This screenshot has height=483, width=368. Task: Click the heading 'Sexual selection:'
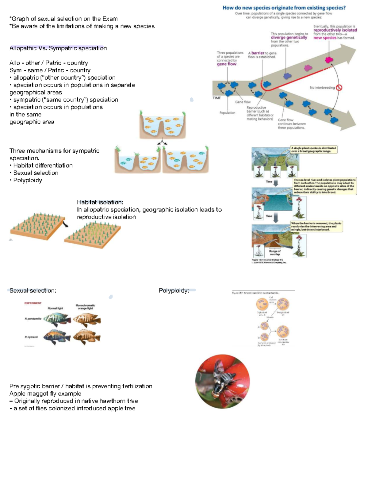tap(33, 291)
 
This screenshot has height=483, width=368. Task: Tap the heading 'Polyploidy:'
tap(174, 291)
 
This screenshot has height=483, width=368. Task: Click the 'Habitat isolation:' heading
tap(100, 202)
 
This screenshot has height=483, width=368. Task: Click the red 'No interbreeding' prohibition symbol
tap(339, 88)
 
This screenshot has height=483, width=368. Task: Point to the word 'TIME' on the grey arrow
tap(217, 98)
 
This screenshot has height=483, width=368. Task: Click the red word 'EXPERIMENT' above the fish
tap(33, 303)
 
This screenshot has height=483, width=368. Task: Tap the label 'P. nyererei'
tap(31, 337)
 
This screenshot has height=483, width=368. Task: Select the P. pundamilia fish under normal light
tap(57, 320)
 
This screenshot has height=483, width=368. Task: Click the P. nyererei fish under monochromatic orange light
tap(87, 337)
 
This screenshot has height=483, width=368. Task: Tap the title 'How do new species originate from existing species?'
tap(284, 8)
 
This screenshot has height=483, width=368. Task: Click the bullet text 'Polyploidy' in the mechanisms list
tap(28, 180)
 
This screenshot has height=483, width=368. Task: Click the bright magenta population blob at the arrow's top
tap(329, 59)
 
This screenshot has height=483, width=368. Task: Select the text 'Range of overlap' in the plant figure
tap(275, 253)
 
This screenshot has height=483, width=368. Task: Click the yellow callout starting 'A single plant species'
tap(314, 150)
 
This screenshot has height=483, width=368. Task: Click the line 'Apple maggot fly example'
tap(45, 394)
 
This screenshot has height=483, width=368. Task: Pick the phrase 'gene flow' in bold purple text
tap(227, 64)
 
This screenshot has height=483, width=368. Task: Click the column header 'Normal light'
tap(55, 308)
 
